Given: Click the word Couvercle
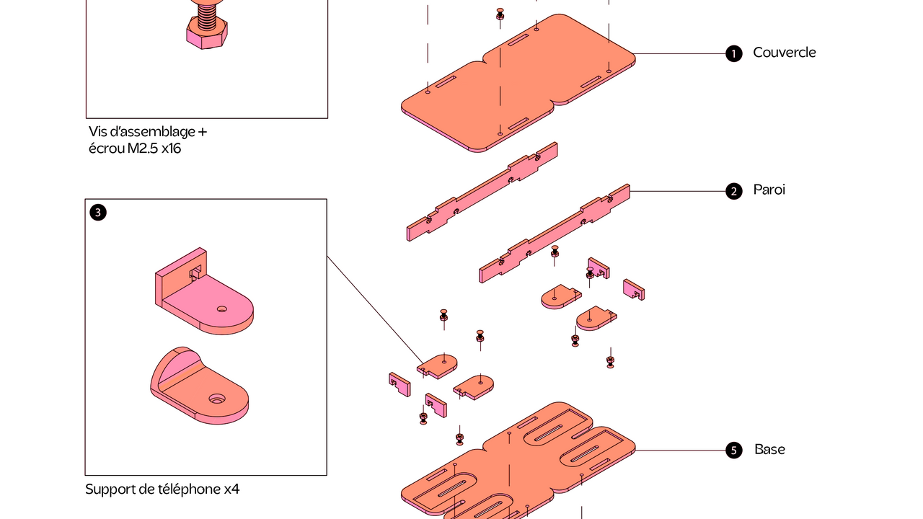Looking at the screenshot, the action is tap(784, 53).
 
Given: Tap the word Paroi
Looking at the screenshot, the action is tap(769, 190).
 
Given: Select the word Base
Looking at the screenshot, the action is tap(769, 449).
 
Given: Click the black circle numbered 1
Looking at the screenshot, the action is tap(734, 53).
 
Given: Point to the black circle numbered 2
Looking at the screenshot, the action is tap(734, 192).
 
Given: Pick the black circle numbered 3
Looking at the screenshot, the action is tap(98, 213).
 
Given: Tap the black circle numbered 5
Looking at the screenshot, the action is tap(734, 451).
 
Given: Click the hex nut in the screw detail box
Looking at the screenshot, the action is tap(206, 35).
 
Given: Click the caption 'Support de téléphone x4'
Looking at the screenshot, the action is tap(162, 489).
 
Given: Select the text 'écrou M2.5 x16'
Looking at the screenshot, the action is tap(135, 148).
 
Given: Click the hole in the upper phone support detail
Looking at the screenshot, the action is tap(221, 309).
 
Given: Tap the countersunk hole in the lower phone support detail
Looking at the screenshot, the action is tap(217, 399).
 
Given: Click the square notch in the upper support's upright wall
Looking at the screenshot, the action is tap(195, 272).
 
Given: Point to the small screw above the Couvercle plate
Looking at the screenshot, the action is tap(500, 14).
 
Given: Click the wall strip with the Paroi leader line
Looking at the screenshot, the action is tap(555, 234).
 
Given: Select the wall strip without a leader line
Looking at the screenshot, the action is tap(482, 192).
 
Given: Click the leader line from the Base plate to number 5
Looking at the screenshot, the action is tap(680, 451).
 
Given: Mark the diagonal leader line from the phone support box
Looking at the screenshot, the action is tap(376, 311).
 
